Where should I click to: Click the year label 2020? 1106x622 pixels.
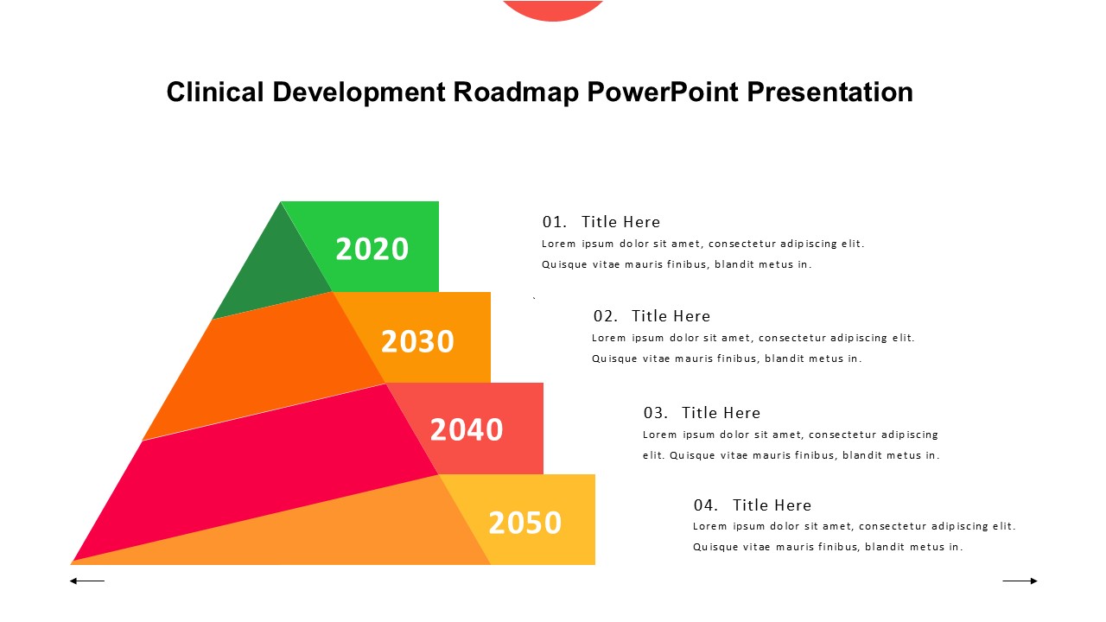click(372, 249)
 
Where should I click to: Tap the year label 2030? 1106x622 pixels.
click(417, 341)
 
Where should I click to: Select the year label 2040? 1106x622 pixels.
click(466, 429)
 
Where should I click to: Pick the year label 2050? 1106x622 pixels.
click(524, 523)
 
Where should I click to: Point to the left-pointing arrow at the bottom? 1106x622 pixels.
click(87, 581)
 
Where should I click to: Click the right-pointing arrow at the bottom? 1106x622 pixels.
click(1020, 581)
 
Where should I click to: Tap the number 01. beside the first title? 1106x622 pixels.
click(554, 222)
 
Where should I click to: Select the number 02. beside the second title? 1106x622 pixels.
click(605, 316)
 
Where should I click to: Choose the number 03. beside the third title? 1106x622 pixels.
click(655, 413)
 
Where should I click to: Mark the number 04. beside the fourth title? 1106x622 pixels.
click(706, 505)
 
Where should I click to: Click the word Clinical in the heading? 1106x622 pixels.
click(215, 92)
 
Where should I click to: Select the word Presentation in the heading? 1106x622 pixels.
click(829, 92)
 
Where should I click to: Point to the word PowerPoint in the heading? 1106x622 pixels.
click(663, 92)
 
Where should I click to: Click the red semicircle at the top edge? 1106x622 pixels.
click(553, 9)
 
